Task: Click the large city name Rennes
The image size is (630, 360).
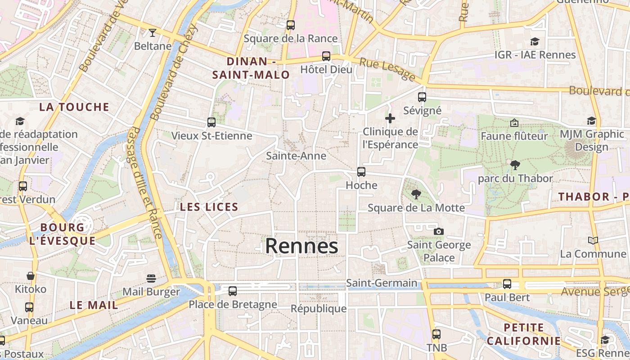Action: pos(301,246)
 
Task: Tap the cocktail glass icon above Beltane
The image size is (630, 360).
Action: pos(153,32)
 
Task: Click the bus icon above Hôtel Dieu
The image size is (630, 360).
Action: pos(326,56)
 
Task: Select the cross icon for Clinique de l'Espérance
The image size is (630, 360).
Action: pos(390,118)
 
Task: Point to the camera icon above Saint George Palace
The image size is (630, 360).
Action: pos(438,231)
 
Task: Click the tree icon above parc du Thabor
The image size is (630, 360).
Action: pos(515,165)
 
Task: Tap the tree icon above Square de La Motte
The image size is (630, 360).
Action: pos(416,194)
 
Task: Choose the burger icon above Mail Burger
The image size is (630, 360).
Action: pos(151,279)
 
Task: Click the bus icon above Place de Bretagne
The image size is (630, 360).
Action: pos(233,291)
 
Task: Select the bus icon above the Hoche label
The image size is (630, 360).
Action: pos(361,171)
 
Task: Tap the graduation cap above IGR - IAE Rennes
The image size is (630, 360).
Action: pos(535,42)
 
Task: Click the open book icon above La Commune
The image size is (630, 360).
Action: pos(593,241)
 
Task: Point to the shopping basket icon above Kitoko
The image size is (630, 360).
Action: pos(31,276)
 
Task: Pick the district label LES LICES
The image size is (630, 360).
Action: pos(209,207)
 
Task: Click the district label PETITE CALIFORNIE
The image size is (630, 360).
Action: pos(523,334)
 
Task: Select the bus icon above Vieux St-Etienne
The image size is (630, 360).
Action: pos(211,122)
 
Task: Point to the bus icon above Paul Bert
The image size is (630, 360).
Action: pos(507,284)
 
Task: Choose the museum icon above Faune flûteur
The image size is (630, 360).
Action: pos(514,123)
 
